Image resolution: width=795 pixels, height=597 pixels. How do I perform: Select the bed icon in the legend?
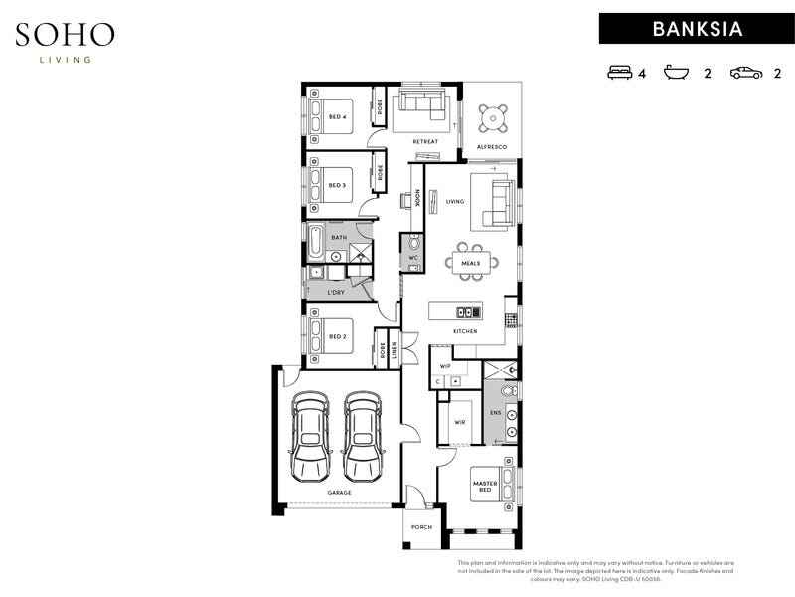[x=619, y=73]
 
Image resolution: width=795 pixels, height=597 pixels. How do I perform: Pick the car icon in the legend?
[x=746, y=73]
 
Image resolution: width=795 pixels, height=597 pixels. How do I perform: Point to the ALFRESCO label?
[x=492, y=147]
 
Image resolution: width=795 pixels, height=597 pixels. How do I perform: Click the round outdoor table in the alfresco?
[x=491, y=120]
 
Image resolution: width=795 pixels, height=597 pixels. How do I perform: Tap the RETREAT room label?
[x=425, y=141]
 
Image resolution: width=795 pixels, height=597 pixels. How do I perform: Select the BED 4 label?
[x=337, y=116]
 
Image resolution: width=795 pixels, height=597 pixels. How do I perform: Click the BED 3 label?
[x=337, y=185]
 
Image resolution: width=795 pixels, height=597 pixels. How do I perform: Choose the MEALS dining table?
[x=470, y=263]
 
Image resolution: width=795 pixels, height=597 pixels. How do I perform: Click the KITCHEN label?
[x=465, y=330]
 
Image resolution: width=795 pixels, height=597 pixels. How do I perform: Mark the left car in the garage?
[x=311, y=436]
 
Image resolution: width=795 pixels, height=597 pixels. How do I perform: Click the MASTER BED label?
[x=483, y=487]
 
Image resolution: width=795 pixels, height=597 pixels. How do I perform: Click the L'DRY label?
[x=336, y=294]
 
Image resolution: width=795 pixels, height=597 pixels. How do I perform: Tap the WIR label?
[x=459, y=421]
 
